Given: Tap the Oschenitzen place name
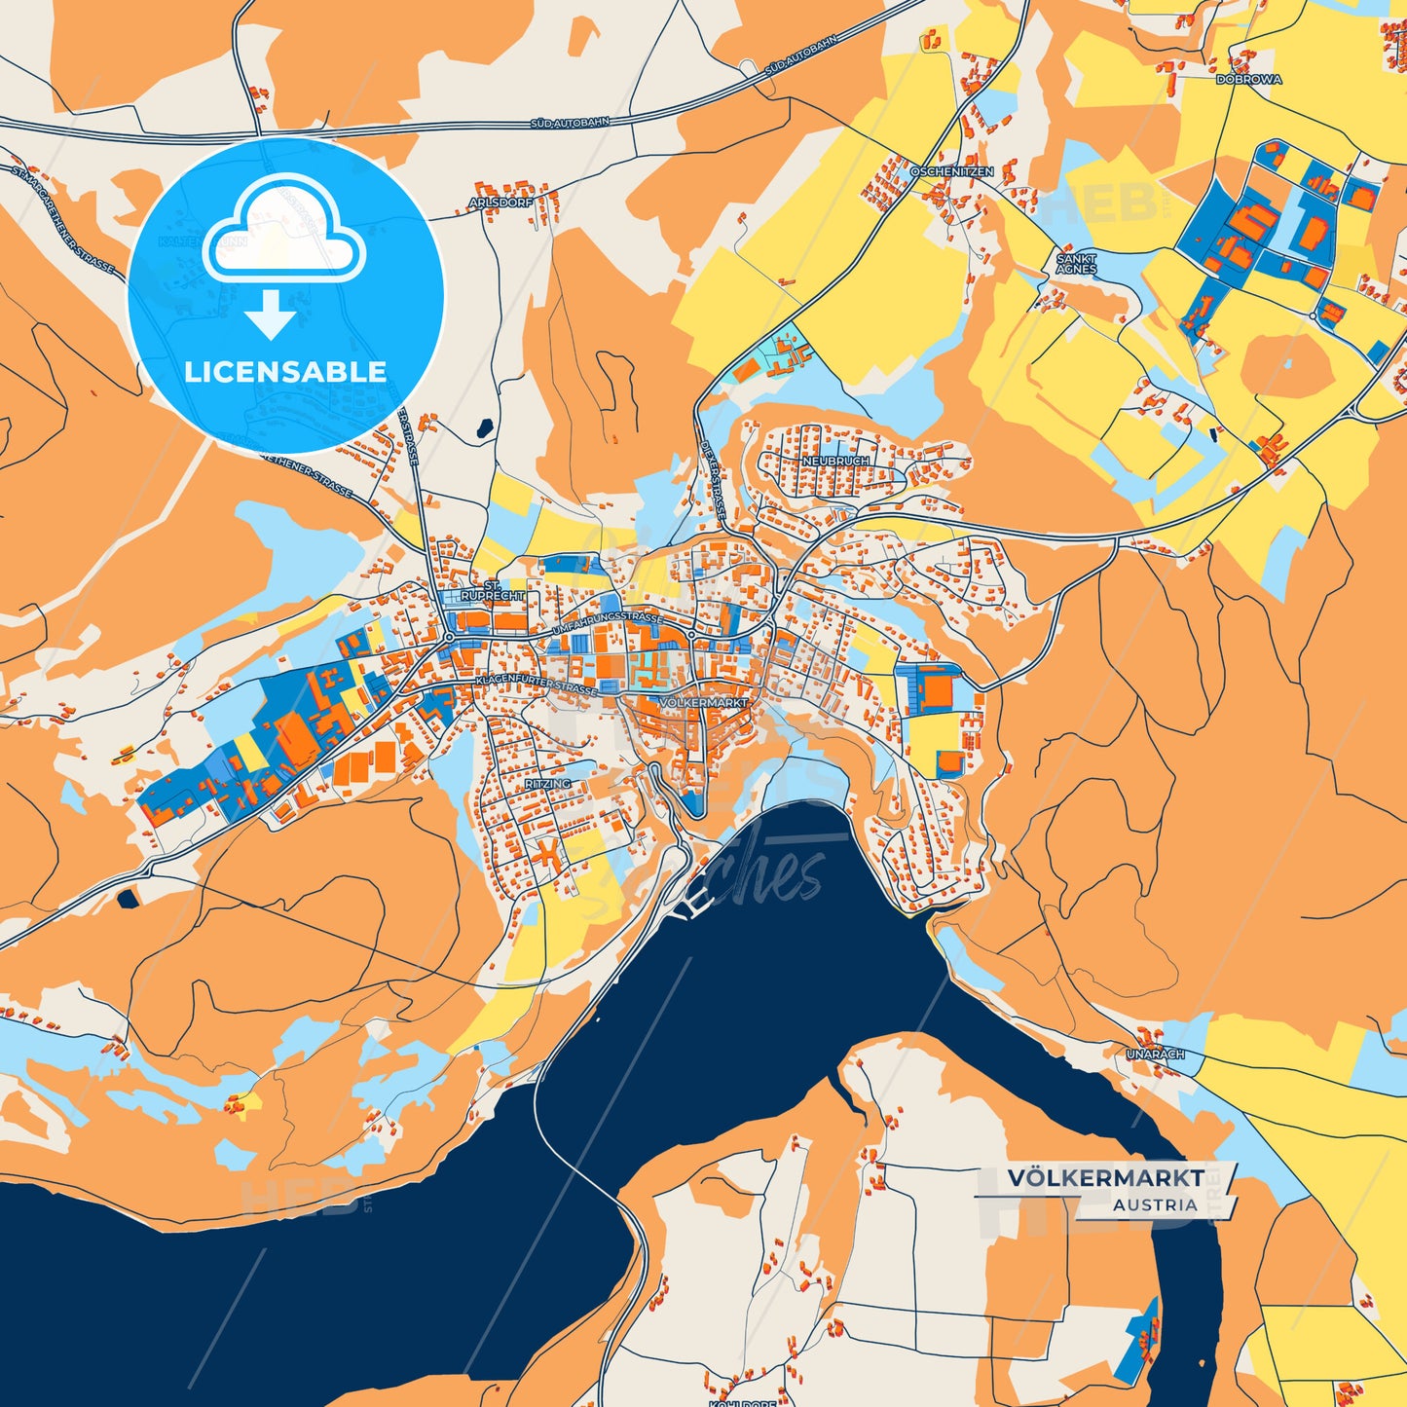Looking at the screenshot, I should tap(951, 171).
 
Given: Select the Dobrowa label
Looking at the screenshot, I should tap(1248, 80).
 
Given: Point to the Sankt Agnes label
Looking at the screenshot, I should tap(1076, 263).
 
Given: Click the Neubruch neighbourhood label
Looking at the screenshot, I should tap(835, 461).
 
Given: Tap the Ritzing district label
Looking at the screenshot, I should tap(547, 783).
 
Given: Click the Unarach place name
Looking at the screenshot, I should tap(1155, 1054).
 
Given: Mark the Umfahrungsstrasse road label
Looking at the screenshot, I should tap(608, 625).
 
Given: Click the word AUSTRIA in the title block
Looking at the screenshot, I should tap(1155, 1204).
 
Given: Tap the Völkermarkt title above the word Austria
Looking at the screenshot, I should tap(1105, 1177).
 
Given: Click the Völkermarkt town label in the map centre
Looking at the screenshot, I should tap(703, 702).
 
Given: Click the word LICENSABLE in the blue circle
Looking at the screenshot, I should tap(285, 372).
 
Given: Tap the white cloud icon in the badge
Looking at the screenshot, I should tap(284, 229).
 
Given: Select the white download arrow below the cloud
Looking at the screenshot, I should tap(271, 315).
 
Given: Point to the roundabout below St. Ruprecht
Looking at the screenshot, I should tap(449, 637).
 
